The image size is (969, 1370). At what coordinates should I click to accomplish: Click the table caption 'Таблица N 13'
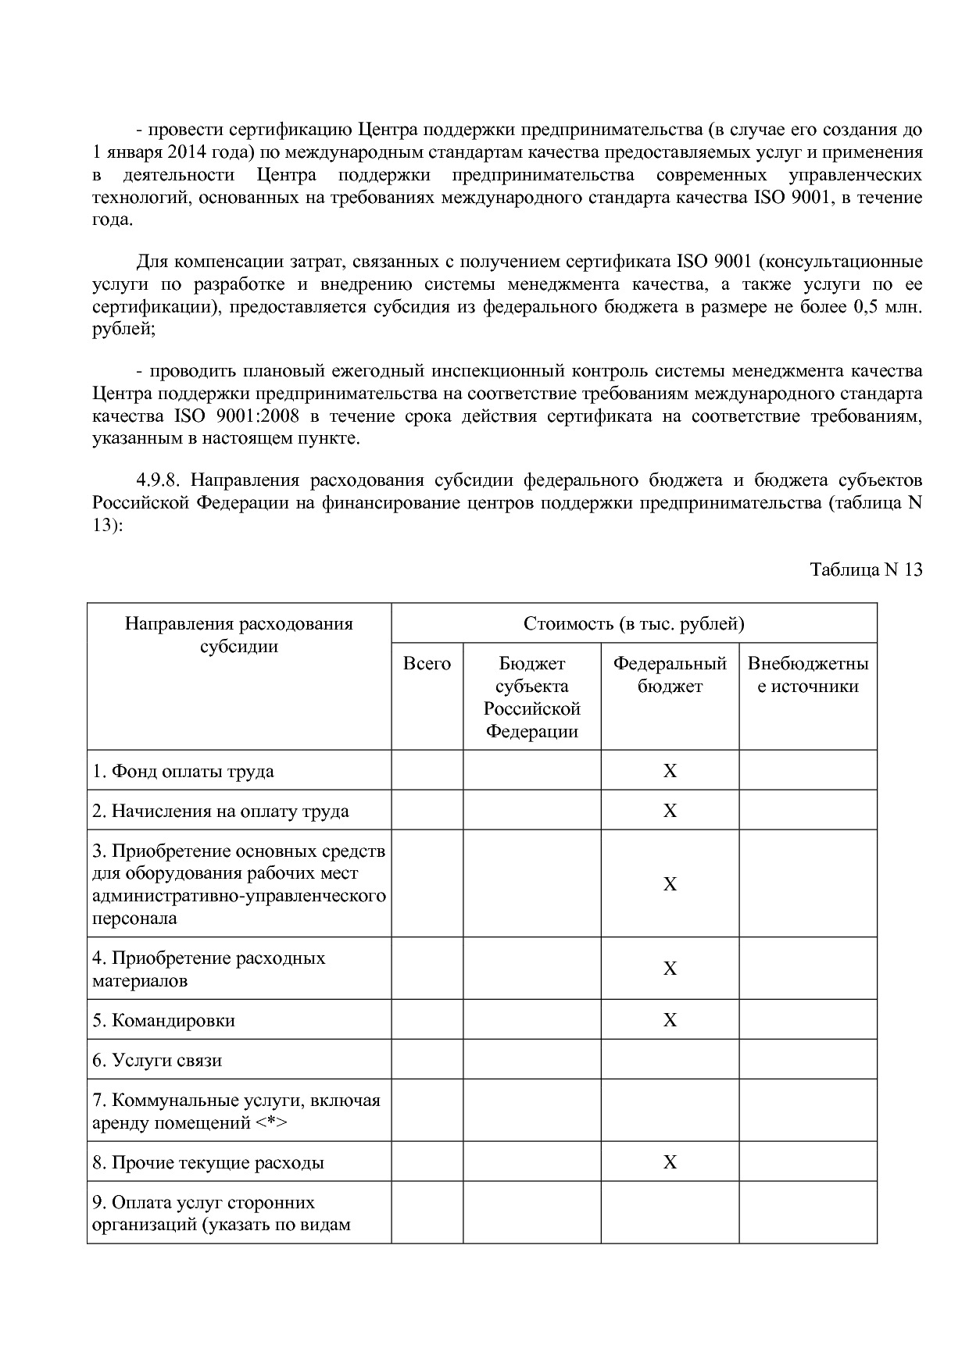[x=866, y=569]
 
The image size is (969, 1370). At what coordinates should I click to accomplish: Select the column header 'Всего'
[x=427, y=664]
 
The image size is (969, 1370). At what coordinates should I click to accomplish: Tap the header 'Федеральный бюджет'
[x=670, y=675]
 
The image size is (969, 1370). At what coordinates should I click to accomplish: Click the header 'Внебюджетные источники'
[x=808, y=675]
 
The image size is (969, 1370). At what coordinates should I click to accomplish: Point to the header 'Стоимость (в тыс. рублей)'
[x=634, y=623]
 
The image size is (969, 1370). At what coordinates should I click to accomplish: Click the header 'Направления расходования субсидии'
[x=239, y=634]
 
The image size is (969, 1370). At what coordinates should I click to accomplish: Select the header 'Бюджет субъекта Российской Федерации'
[x=531, y=697]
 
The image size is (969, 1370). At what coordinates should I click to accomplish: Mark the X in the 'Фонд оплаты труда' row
[x=670, y=771]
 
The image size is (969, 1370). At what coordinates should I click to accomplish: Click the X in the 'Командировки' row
[x=670, y=1020]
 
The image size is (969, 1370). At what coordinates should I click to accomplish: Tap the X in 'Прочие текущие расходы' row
[x=670, y=1162]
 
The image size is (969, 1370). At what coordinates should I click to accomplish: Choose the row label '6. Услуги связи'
[x=157, y=1060]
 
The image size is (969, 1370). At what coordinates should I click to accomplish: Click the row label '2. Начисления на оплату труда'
[x=220, y=811]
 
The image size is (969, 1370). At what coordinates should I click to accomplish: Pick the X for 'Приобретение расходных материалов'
[x=670, y=969]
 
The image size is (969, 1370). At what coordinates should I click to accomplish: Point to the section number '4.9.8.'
[x=159, y=480]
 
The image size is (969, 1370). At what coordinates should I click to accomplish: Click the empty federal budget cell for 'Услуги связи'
[x=670, y=1060]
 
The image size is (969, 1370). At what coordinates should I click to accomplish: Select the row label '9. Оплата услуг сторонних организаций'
[x=220, y=1213]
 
